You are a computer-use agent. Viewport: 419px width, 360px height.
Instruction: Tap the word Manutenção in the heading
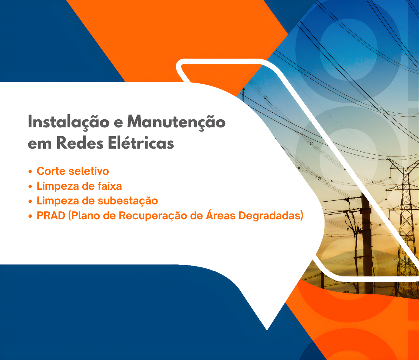(176, 122)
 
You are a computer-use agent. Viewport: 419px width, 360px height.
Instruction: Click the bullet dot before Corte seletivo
(30, 171)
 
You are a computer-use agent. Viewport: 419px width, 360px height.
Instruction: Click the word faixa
(110, 186)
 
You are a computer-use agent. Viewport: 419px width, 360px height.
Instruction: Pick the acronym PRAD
(51, 216)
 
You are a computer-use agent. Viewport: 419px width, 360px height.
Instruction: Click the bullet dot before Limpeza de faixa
(30, 186)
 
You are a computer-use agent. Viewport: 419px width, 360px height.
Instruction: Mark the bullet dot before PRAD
(30, 216)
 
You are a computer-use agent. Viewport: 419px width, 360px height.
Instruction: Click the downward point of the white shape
(267, 329)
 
